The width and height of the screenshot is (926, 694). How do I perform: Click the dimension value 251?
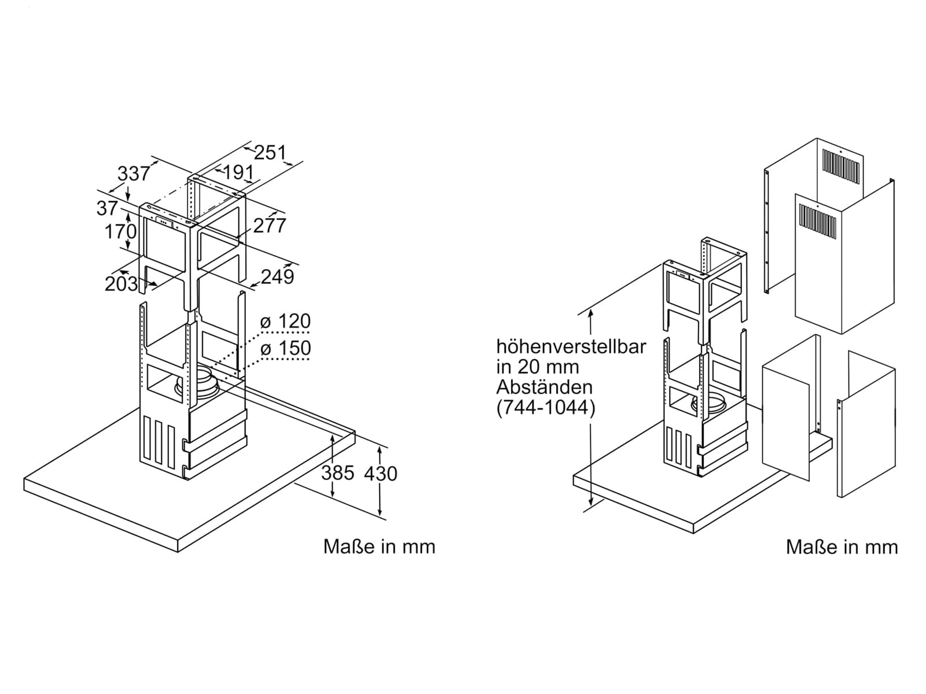pyautogui.click(x=270, y=153)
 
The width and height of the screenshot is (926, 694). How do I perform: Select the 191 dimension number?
pyautogui.click(x=238, y=172)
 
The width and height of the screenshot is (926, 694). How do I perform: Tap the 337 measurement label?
pyautogui.click(x=133, y=173)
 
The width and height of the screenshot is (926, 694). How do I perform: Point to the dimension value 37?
pyautogui.click(x=107, y=208)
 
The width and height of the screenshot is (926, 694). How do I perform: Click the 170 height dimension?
pyautogui.click(x=120, y=231)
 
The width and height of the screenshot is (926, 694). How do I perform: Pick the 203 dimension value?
pyautogui.click(x=121, y=284)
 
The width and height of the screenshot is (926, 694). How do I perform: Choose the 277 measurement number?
pyautogui.click(x=270, y=226)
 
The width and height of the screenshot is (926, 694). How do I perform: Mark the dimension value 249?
pyautogui.click(x=277, y=277)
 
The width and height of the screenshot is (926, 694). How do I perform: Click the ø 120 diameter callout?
pyautogui.click(x=285, y=322)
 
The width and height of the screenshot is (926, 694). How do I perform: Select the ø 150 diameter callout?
pyautogui.click(x=285, y=348)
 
